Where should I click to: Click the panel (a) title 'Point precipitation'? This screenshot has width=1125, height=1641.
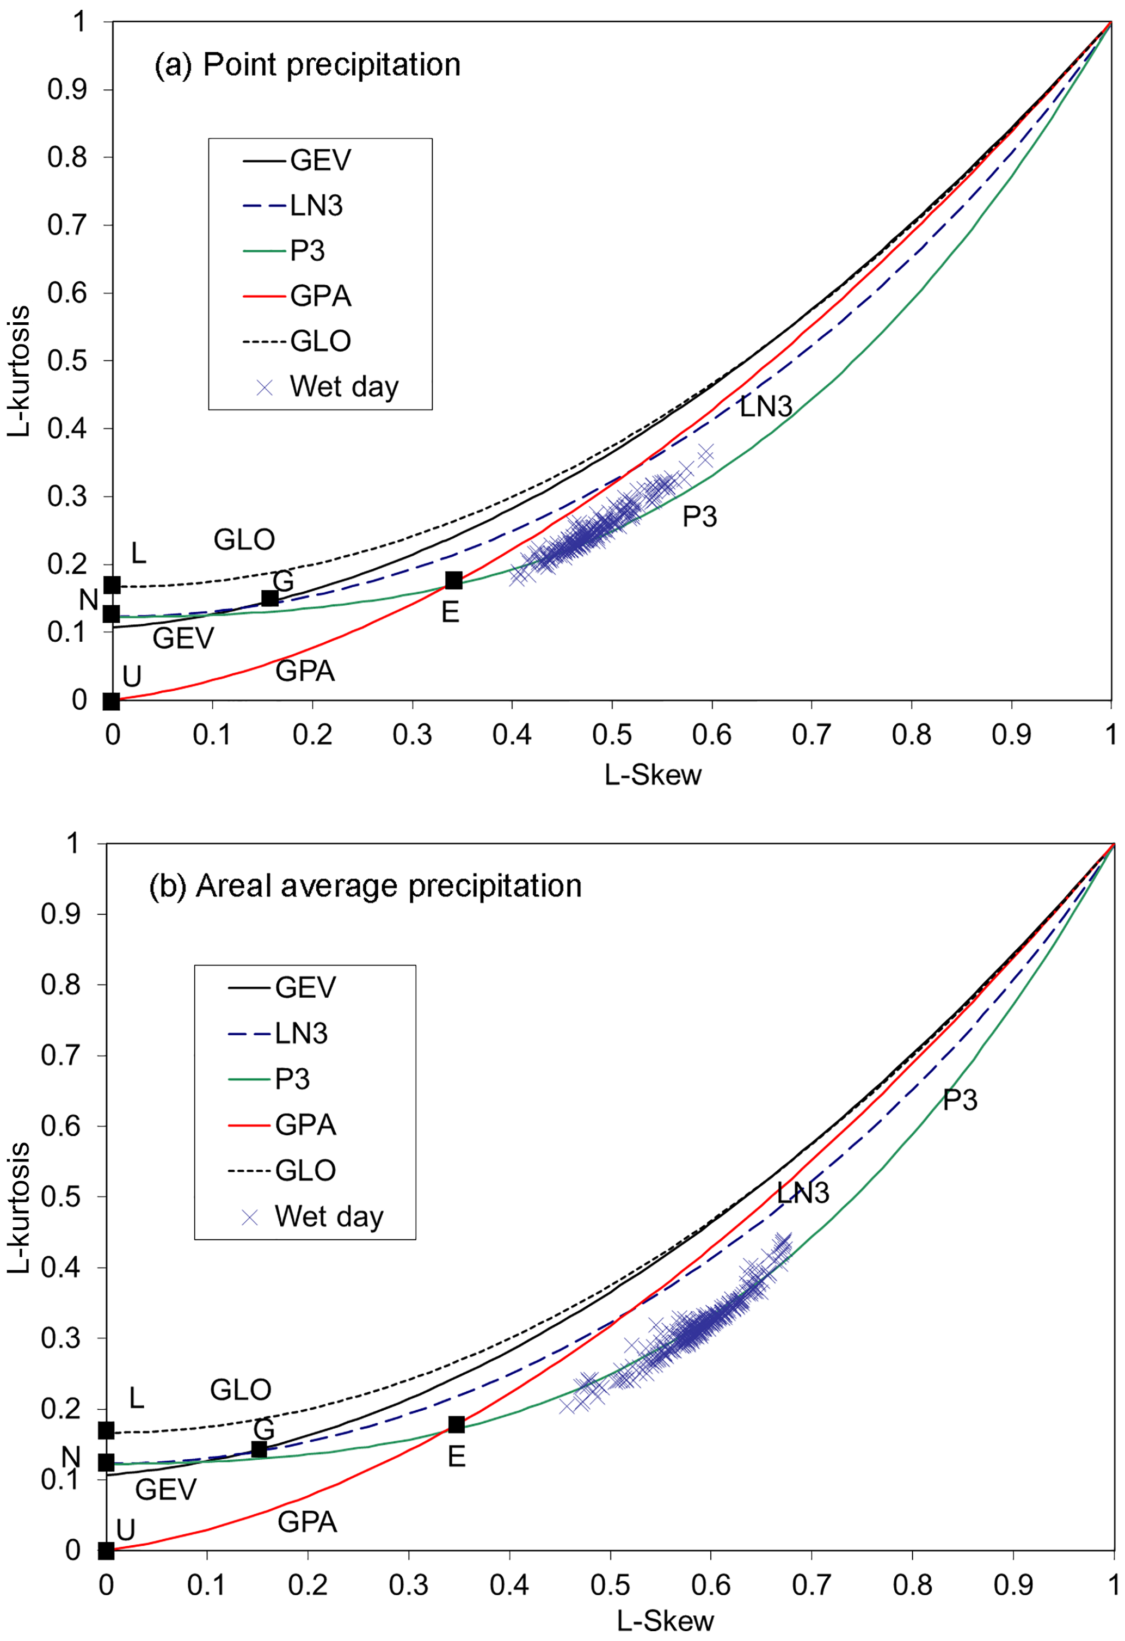point(307,65)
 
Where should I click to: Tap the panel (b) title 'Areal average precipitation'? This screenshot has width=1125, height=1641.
point(365,886)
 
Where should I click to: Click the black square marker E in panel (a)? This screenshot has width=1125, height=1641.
point(453,580)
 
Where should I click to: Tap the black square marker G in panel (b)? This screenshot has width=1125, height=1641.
point(259,1449)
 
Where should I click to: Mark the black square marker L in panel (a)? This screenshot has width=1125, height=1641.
point(112,585)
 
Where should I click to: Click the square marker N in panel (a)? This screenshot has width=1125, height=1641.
point(112,613)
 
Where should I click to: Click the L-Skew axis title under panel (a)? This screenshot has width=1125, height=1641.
point(653,775)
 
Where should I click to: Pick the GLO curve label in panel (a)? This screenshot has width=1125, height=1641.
point(244,540)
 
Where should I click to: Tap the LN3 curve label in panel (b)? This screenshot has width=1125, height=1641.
point(803,1193)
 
